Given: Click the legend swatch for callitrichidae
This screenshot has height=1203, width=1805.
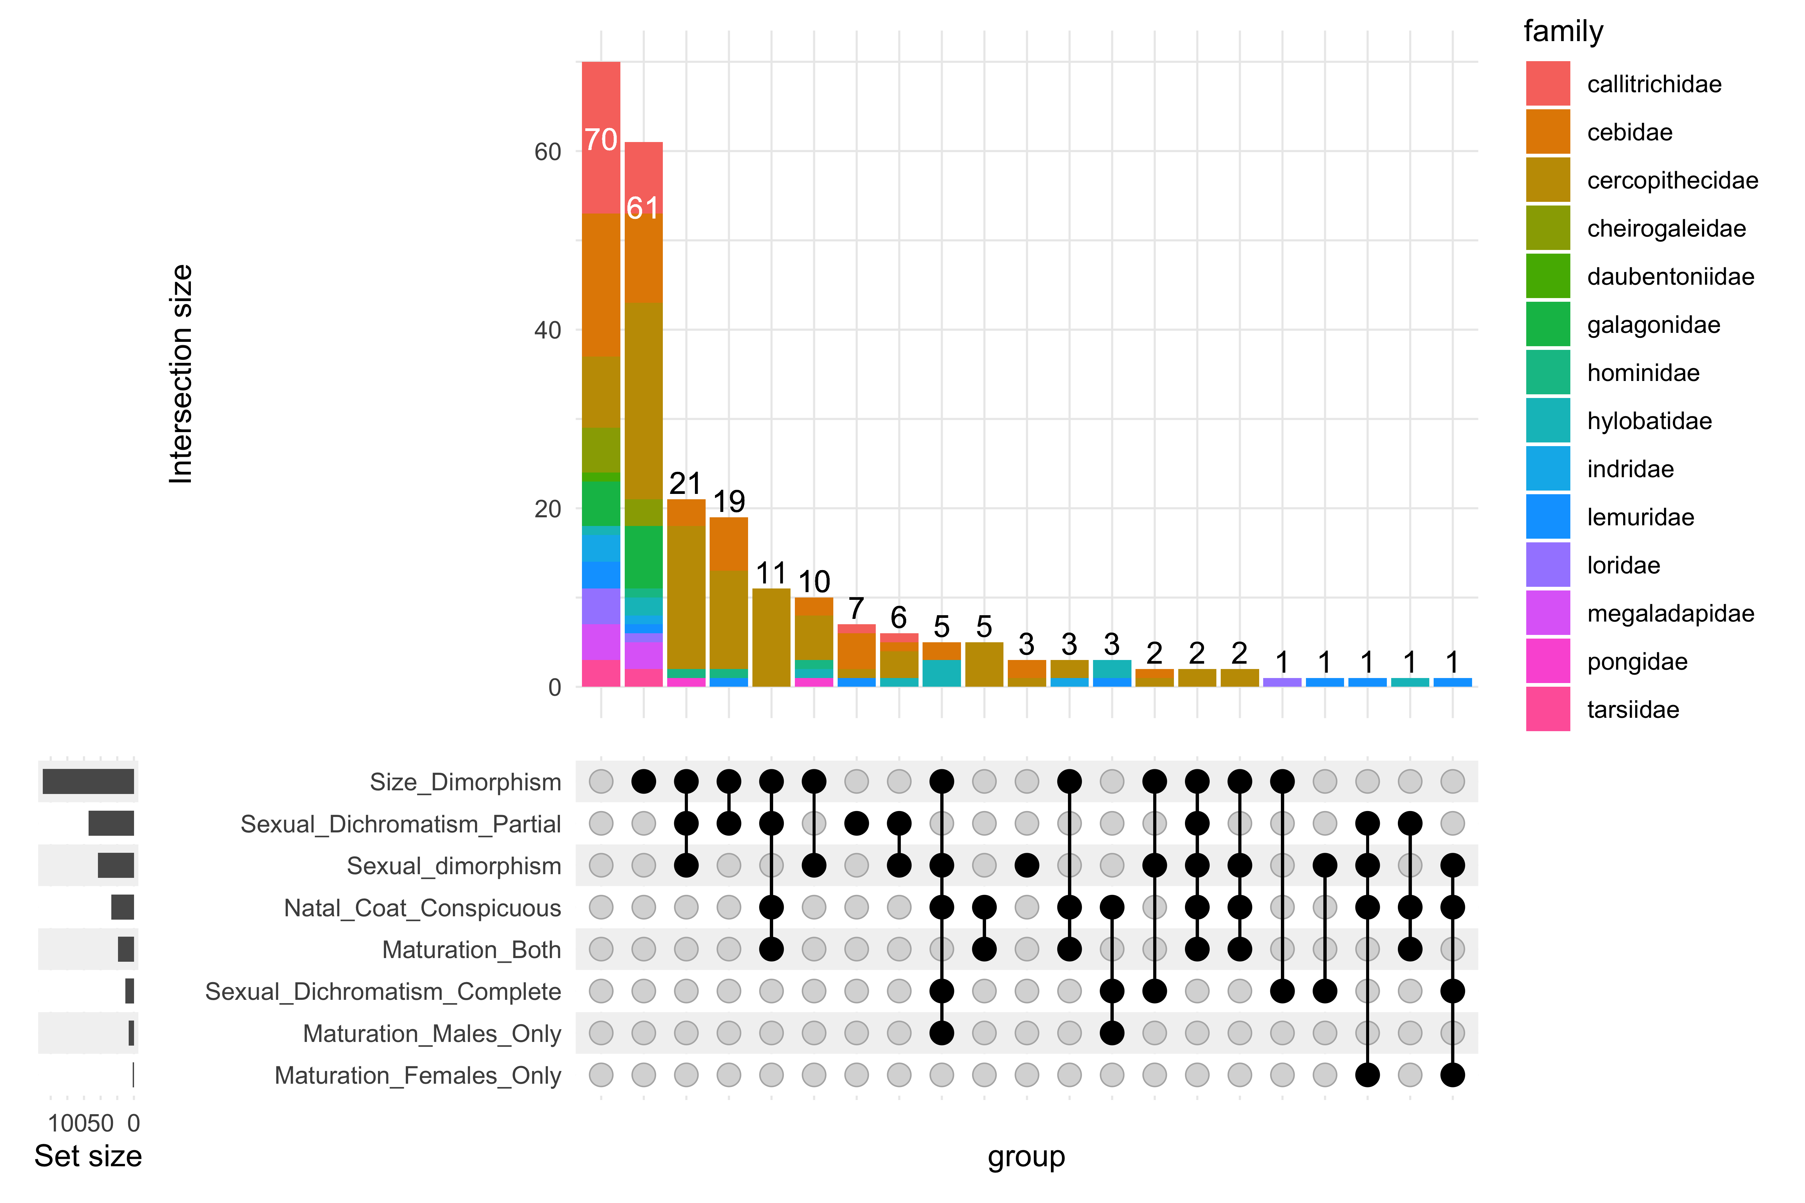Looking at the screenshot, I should coord(1547,84).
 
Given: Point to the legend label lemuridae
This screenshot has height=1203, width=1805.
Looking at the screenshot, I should coord(1640,517).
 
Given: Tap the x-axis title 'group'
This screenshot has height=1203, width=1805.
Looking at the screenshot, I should coord(1026,1156).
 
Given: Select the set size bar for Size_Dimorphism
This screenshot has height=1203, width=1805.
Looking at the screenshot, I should coord(88,782).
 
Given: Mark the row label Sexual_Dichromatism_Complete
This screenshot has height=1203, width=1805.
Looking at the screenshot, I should coord(383,991).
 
